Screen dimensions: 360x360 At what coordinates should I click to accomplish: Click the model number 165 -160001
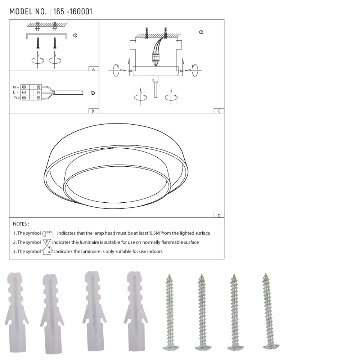click(73, 12)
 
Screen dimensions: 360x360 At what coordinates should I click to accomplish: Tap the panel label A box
click(94, 69)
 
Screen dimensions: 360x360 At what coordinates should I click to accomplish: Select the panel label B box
click(94, 111)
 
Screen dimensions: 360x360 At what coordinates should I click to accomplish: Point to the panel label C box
click(219, 111)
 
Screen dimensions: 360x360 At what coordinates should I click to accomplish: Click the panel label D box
click(219, 216)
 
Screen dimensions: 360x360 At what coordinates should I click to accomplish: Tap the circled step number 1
click(75, 35)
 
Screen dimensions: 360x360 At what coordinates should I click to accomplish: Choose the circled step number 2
click(93, 93)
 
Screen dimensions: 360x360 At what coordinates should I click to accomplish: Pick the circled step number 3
click(201, 32)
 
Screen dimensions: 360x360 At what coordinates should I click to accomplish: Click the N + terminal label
click(16, 87)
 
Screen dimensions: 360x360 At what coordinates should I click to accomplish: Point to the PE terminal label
click(16, 98)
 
